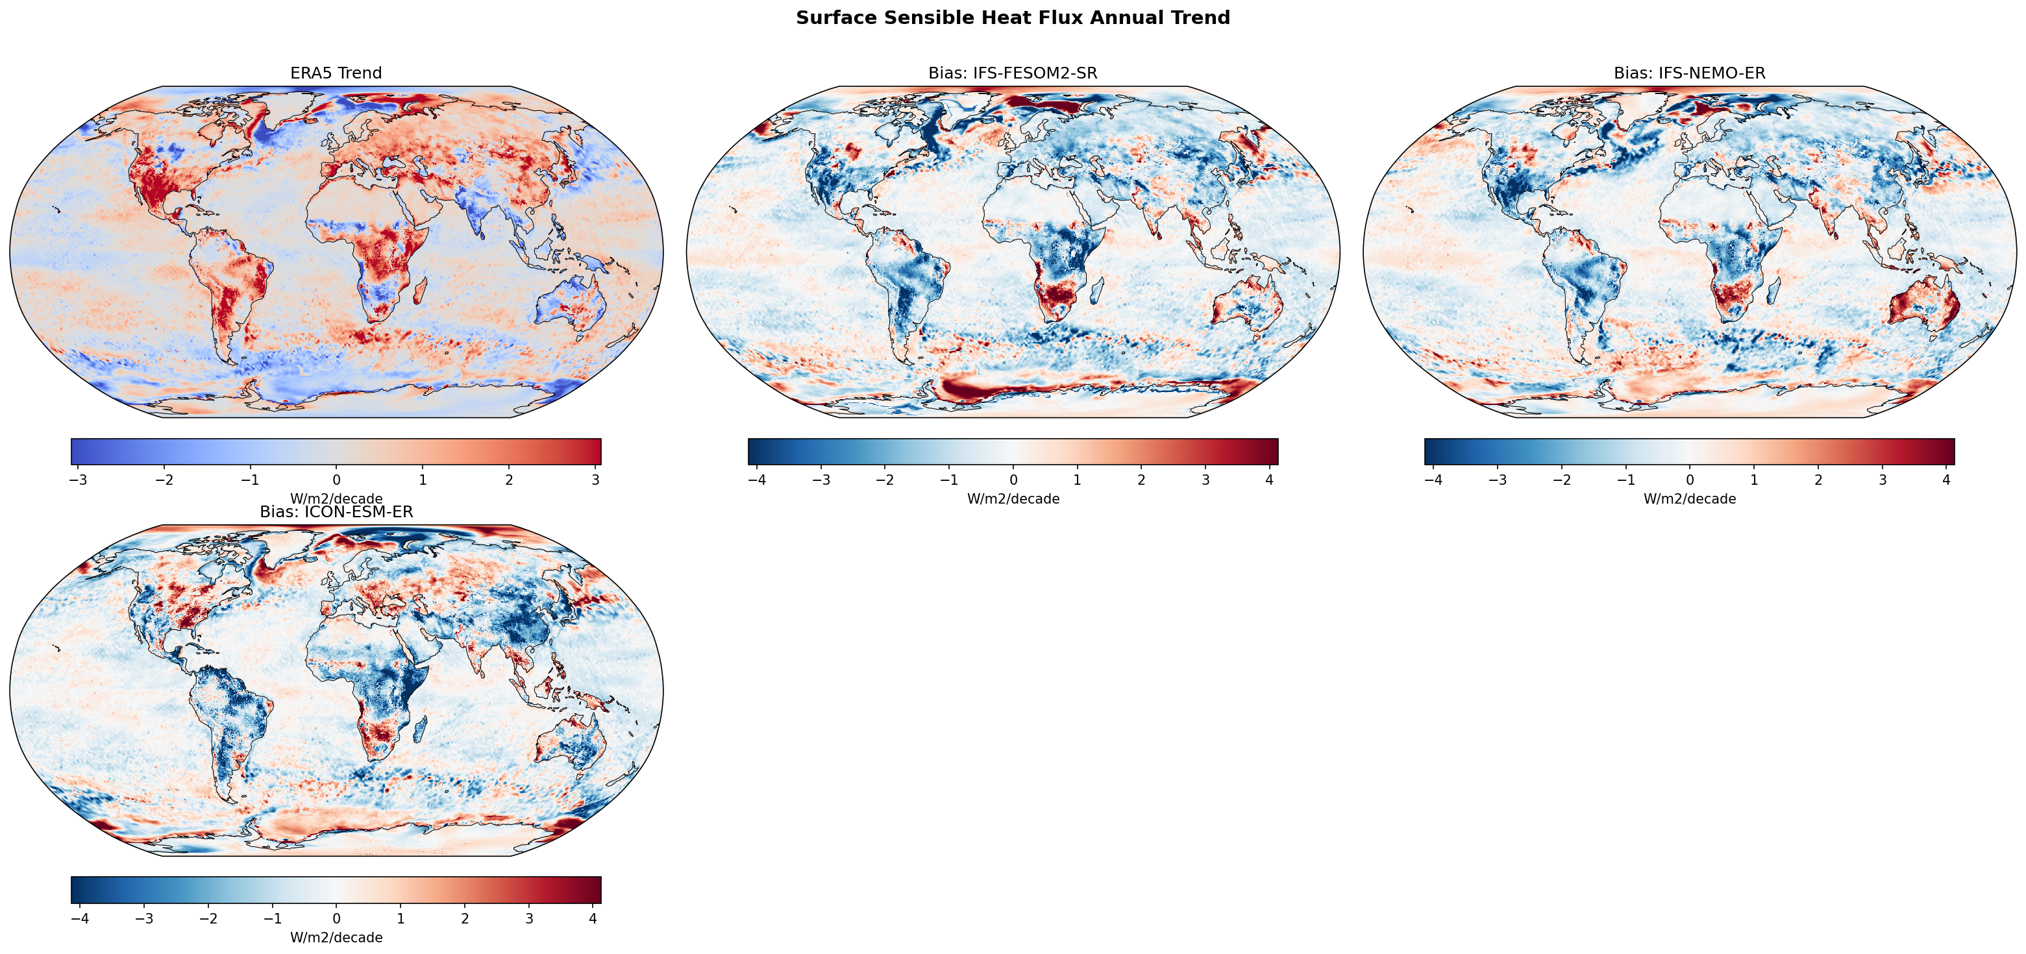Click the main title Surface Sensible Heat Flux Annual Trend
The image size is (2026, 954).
1012,18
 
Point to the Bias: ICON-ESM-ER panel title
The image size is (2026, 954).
336,512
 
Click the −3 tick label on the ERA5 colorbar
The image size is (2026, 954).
78,480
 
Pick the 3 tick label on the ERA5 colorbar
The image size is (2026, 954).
595,480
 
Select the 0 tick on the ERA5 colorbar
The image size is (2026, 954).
337,480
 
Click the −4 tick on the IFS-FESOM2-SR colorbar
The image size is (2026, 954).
757,480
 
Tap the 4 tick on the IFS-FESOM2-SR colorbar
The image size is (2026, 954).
1269,480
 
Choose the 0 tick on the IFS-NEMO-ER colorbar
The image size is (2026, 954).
1689,480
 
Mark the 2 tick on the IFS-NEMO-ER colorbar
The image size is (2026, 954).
1818,480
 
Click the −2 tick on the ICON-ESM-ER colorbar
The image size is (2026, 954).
208,918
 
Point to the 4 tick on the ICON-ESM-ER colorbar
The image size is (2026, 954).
593,918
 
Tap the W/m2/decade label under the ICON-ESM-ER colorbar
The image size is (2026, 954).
336,938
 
